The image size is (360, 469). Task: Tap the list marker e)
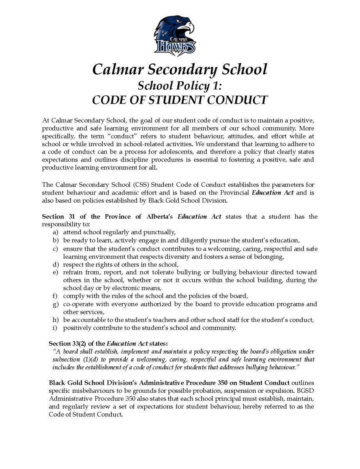pyautogui.click(x=56, y=272)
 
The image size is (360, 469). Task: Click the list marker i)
pyautogui.click(x=56, y=328)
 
